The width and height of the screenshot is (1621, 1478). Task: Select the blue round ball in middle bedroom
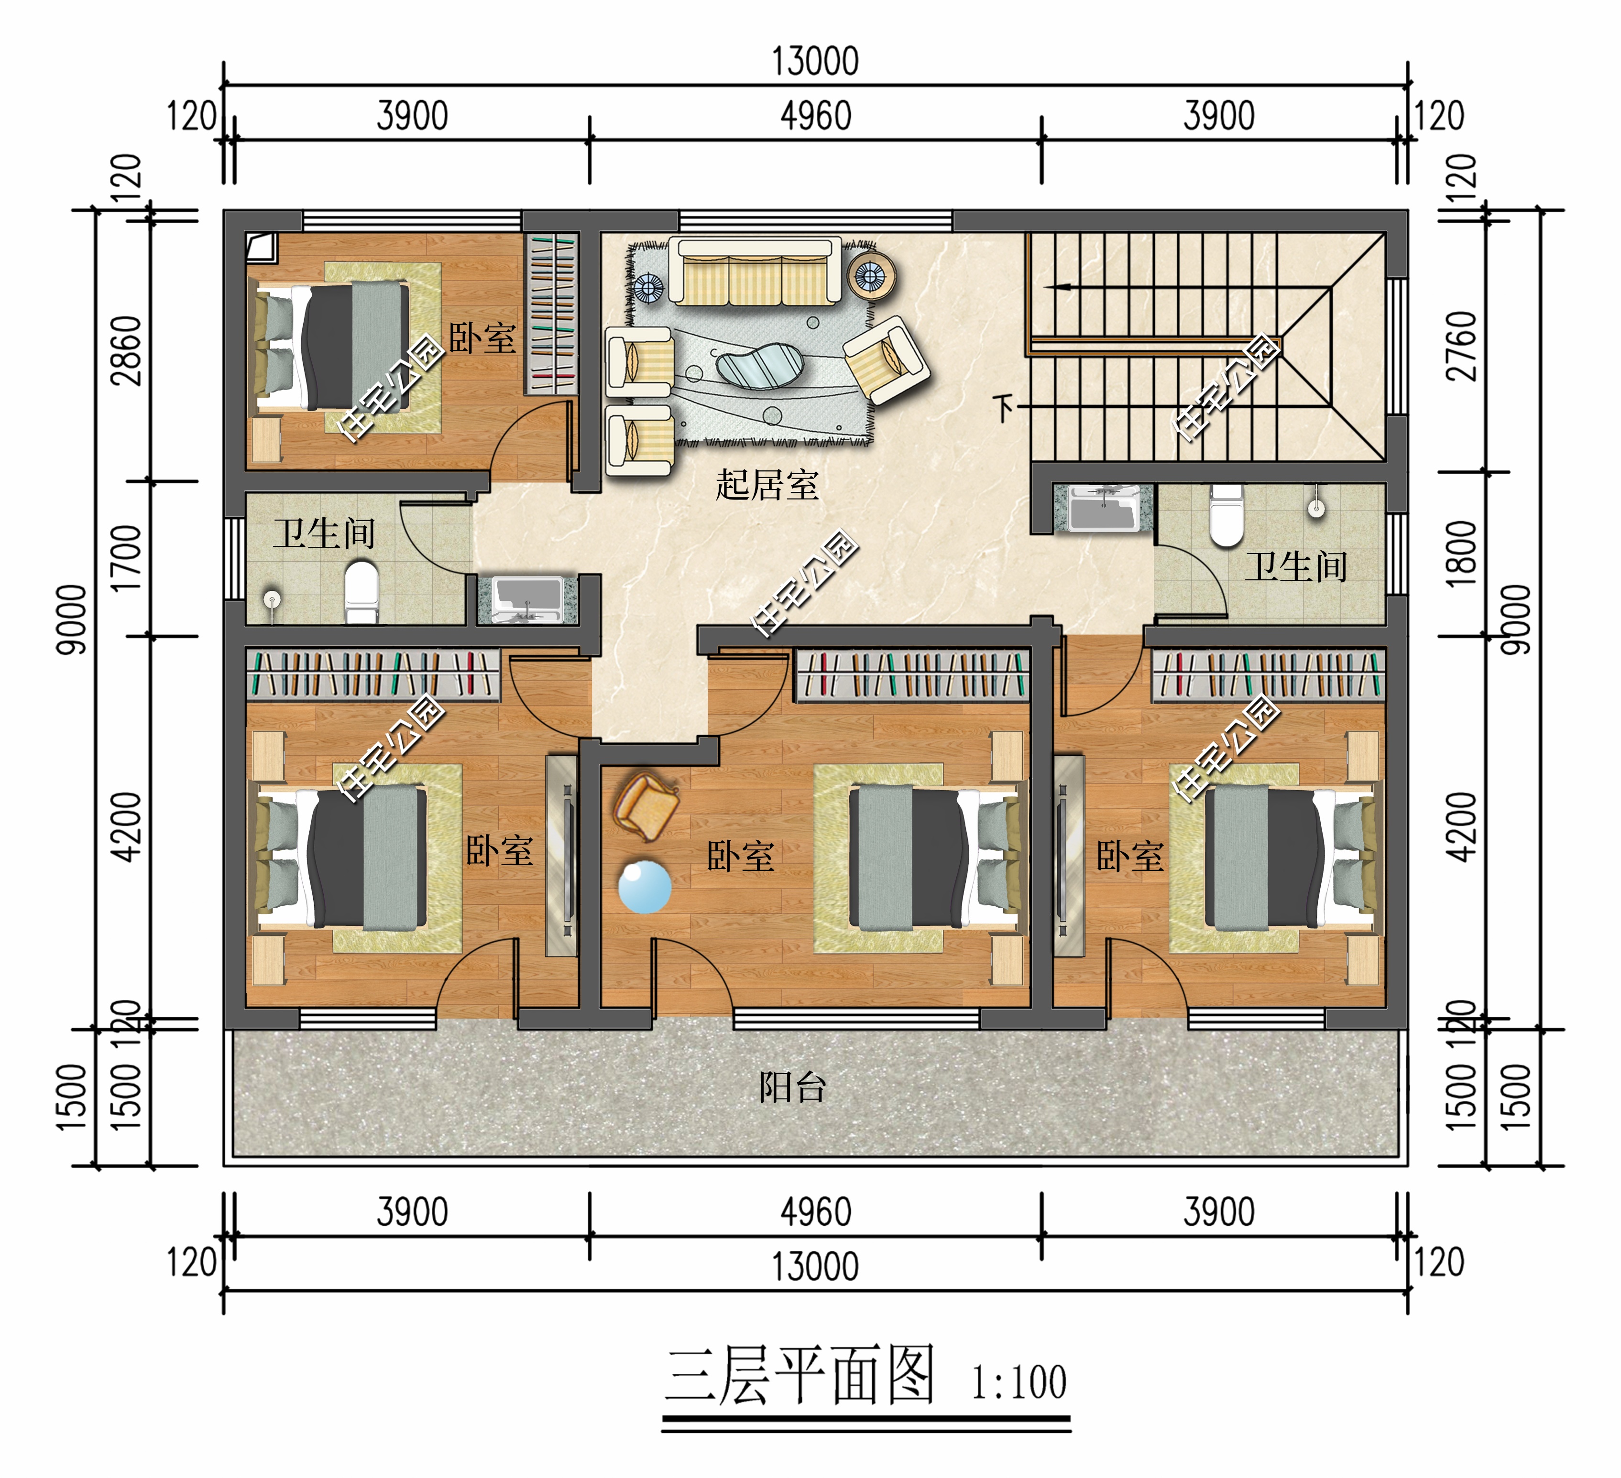(x=644, y=887)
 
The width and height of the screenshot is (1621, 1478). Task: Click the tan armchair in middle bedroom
(x=646, y=806)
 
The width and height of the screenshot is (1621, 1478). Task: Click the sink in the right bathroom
(x=1104, y=508)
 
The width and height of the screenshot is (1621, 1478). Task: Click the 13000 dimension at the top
(x=815, y=62)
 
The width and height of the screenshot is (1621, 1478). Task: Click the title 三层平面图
(x=800, y=1376)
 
